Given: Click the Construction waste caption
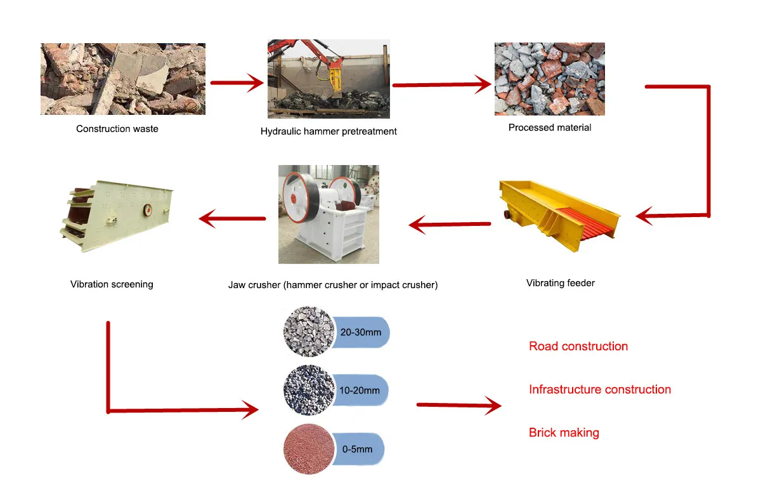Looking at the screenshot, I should [x=117, y=129].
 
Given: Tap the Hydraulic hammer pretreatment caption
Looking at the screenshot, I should [x=328, y=131].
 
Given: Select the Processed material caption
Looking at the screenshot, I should [x=550, y=128].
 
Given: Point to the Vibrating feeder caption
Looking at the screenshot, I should [x=561, y=283].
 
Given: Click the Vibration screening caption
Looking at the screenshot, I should [x=112, y=284].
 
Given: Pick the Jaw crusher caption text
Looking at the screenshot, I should [x=333, y=285].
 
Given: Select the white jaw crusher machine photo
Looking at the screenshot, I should [x=328, y=214].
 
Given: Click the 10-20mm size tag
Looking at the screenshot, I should [x=360, y=390].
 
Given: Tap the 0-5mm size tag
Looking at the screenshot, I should [x=358, y=449].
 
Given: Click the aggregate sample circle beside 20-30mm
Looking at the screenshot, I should [x=309, y=332].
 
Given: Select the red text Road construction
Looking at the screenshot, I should [x=578, y=346].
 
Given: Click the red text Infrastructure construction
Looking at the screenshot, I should [x=600, y=390].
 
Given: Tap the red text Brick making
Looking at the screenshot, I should [x=564, y=433].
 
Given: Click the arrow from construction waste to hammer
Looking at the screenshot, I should [x=236, y=82].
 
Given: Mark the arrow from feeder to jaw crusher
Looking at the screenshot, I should [x=450, y=224].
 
